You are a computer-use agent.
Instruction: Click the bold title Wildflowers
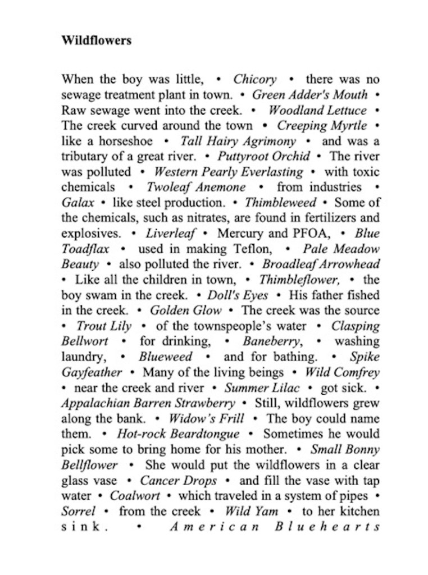(96, 41)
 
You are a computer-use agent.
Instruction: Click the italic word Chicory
(254, 79)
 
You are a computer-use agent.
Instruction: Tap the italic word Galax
(74, 202)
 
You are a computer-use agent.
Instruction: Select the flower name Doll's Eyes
(238, 295)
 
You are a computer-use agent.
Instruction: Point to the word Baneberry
(266, 341)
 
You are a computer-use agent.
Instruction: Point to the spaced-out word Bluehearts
(327, 527)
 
